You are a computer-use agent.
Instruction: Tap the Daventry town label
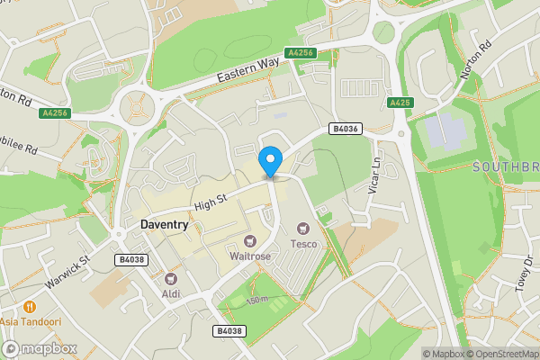tap(169, 222)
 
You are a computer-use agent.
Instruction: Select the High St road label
tap(210, 200)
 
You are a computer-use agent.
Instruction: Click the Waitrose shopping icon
tap(250, 240)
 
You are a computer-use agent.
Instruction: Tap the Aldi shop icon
tap(170, 278)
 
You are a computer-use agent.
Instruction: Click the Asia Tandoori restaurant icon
tap(31, 307)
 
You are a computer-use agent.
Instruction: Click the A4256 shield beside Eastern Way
tap(301, 53)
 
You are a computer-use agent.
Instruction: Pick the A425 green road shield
tap(400, 103)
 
